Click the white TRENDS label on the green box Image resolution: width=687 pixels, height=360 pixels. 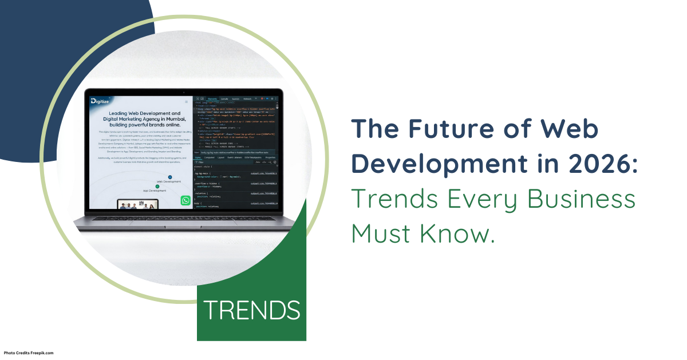pyautogui.click(x=252, y=310)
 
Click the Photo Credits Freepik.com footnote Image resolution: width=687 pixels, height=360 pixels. pyautogui.click(x=29, y=353)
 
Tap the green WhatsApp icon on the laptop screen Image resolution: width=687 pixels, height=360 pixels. pyautogui.click(x=185, y=200)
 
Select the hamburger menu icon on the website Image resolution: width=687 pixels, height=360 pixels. pyautogui.click(x=186, y=102)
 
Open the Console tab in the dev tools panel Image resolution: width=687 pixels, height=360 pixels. pyautogui.click(x=224, y=99)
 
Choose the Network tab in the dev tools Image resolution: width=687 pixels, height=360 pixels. pyautogui.click(x=247, y=99)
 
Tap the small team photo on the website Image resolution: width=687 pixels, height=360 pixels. pyautogui.click(x=137, y=204)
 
